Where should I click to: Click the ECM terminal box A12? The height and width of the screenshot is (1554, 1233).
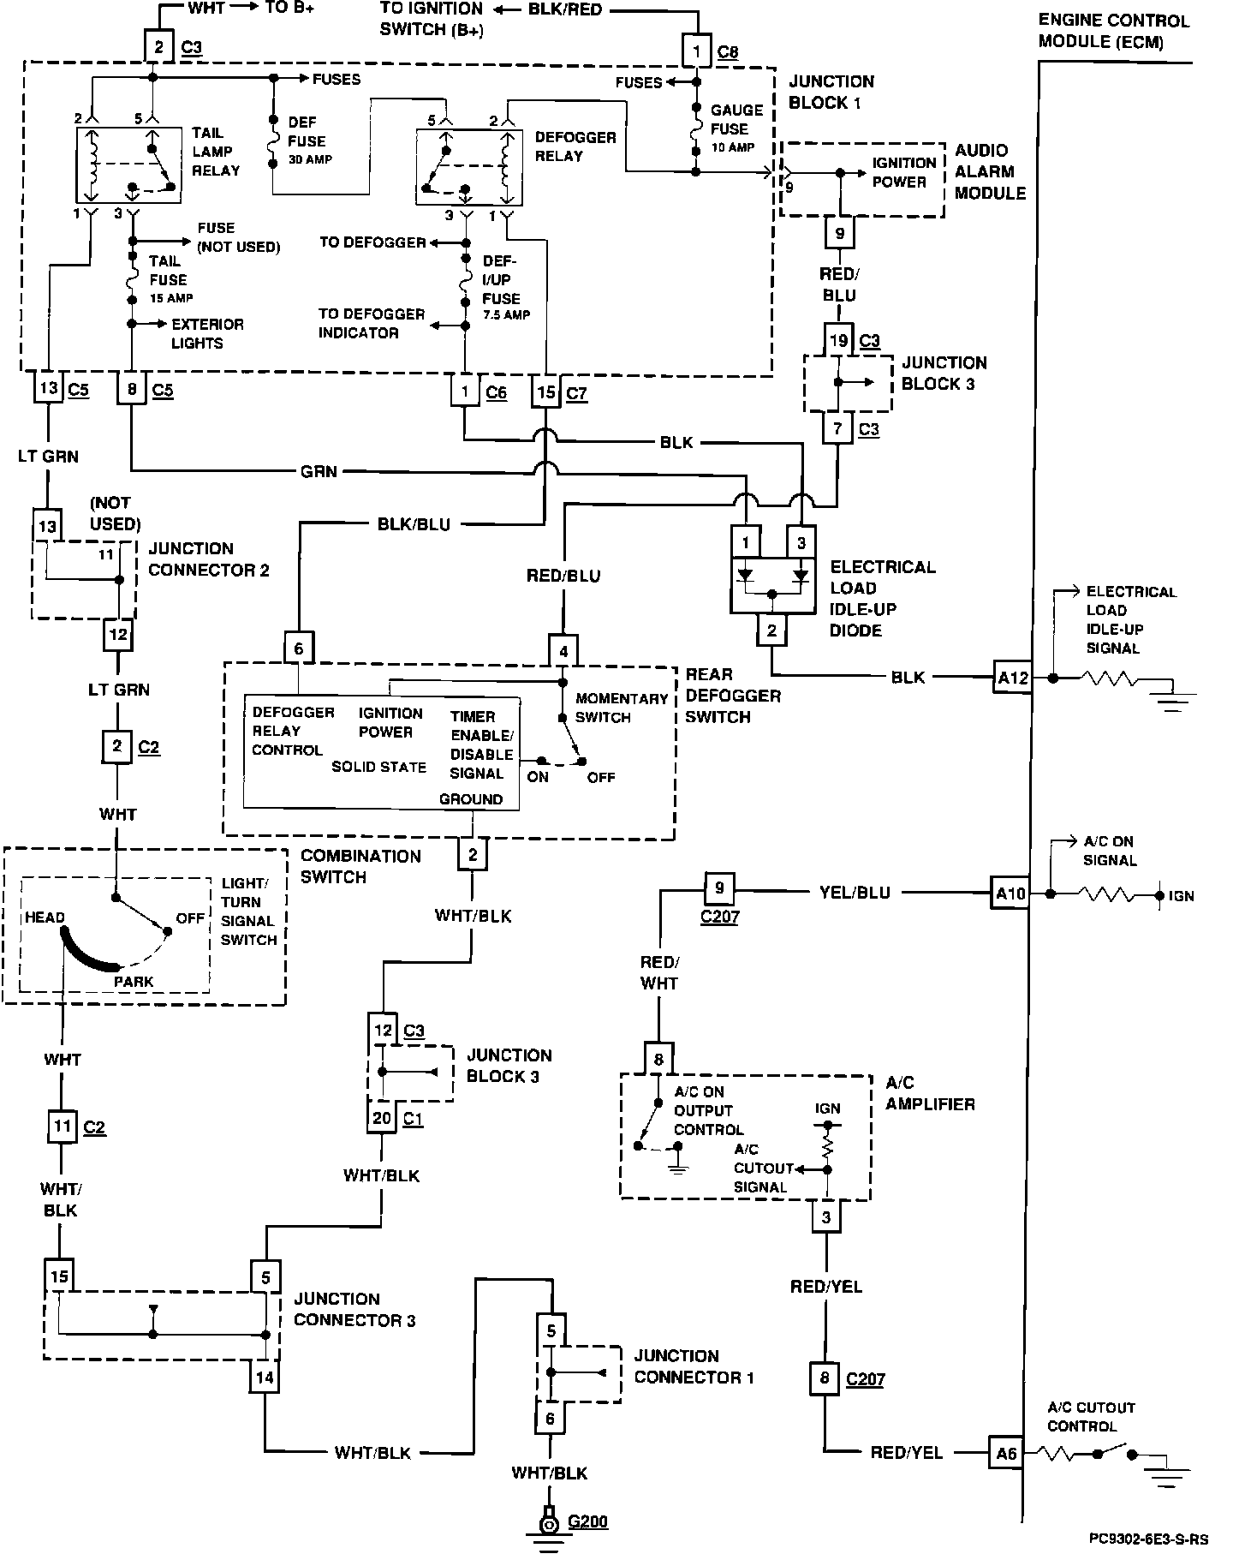pos(1012,678)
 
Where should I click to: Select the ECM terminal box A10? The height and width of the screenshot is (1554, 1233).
pos(1010,894)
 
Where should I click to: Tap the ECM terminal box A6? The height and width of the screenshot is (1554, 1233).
pos(1006,1453)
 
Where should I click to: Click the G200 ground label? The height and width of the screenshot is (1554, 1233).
pos(587,1521)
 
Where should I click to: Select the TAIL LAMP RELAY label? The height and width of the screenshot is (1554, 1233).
pos(215,152)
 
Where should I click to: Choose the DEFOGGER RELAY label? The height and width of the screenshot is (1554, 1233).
pos(575,146)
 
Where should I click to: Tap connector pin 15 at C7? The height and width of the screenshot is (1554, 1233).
pos(546,392)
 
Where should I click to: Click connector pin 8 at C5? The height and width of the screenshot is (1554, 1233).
pos(132,389)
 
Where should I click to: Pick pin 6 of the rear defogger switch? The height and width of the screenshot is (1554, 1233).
pos(299,648)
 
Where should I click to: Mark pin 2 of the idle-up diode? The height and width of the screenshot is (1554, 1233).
pos(771,631)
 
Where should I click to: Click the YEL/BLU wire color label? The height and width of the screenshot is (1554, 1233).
pos(854,893)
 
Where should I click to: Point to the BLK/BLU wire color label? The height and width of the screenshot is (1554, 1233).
pos(414,524)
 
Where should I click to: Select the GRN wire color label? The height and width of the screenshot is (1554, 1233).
pos(319,470)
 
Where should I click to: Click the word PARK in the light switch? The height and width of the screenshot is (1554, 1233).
pos(134,981)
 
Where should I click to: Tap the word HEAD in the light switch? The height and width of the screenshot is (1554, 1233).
pos(45,917)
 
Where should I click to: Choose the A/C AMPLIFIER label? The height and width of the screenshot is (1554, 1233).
pos(930,1093)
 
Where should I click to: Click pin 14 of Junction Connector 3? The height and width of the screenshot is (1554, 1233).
pos(265,1378)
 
